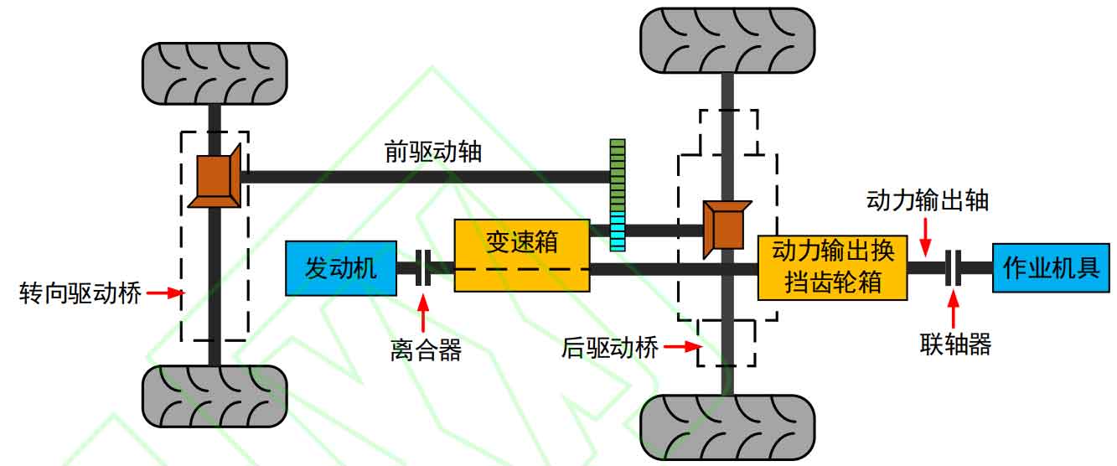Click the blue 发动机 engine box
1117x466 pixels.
click(x=341, y=268)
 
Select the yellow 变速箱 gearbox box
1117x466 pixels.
click(x=522, y=256)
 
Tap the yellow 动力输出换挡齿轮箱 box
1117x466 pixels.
click(x=832, y=268)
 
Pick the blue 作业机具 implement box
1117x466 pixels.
click(x=1051, y=268)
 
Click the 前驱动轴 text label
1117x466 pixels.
click(x=433, y=151)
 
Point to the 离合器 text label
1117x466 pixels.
click(x=426, y=349)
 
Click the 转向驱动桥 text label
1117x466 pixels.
click(x=80, y=293)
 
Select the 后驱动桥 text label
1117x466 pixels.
click(x=610, y=347)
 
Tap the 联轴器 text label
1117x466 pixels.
click(x=955, y=344)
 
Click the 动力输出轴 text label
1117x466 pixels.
click(x=928, y=200)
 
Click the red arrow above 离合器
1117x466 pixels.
click(x=423, y=313)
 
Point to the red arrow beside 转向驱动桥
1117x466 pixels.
click(x=166, y=293)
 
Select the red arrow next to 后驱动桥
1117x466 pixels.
click(x=683, y=346)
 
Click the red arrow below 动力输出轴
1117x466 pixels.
click(x=925, y=237)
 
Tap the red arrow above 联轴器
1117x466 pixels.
click(x=953, y=308)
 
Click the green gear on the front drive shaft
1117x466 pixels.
click(x=618, y=176)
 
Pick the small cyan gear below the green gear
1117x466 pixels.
click(x=618, y=231)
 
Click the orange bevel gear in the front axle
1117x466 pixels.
click(x=215, y=177)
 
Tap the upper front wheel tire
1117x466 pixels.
click(x=215, y=74)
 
